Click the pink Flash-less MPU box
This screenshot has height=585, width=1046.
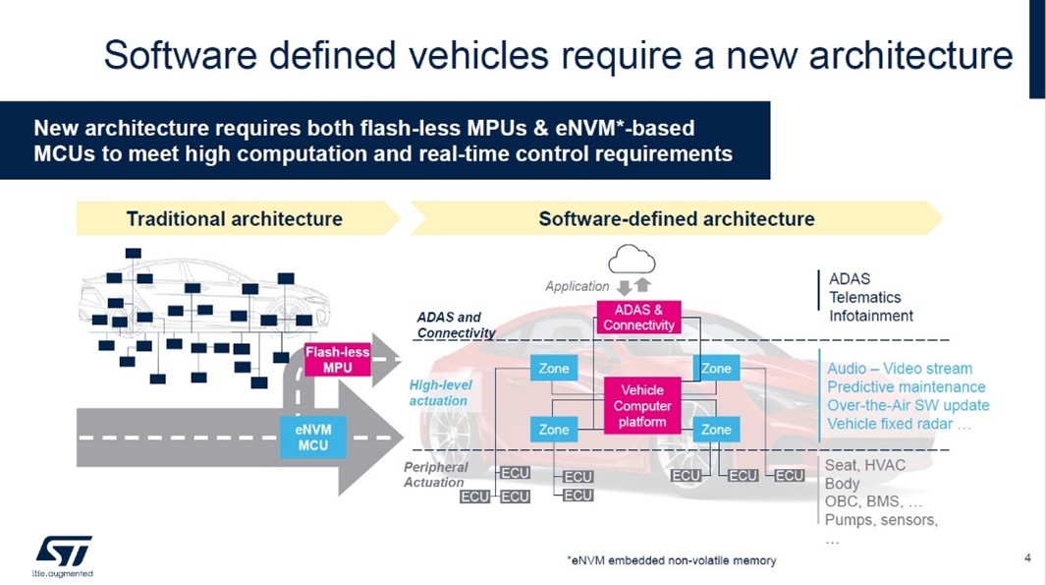pyautogui.click(x=337, y=360)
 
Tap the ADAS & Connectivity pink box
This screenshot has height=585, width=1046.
pyautogui.click(x=638, y=317)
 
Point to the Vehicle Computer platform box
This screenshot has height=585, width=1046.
pyautogui.click(x=641, y=406)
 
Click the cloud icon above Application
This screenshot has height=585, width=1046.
pyautogui.click(x=632, y=260)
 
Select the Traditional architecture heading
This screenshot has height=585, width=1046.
pyautogui.click(x=234, y=218)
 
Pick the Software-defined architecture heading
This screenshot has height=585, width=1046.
pyautogui.click(x=677, y=218)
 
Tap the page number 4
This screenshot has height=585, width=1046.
pyautogui.click(x=1026, y=559)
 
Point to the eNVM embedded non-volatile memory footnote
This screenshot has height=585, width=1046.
pyautogui.click(x=671, y=560)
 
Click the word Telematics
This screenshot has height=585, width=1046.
pyautogui.click(x=864, y=297)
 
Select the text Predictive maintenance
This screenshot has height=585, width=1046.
pyautogui.click(x=906, y=387)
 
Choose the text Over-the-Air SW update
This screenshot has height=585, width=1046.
pyautogui.click(x=908, y=406)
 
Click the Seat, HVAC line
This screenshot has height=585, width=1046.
pyautogui.click(x=865, y=465)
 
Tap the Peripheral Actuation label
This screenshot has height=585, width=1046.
pyautogui.click(x=436, y=474)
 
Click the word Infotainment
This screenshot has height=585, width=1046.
pyautogui.click(x=871, y=316)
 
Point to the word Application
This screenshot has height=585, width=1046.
pyautogui.click(x=578, y=286)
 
